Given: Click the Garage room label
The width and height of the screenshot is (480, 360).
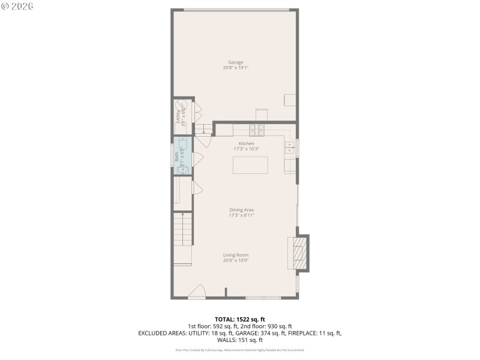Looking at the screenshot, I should [x=235, y=62].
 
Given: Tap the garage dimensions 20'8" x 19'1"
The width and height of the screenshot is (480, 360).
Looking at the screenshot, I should [x=235, y=68].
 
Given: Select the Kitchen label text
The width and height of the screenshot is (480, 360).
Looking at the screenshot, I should [x=246, y=144].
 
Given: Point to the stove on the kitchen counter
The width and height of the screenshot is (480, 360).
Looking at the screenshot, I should [x=257, y=129].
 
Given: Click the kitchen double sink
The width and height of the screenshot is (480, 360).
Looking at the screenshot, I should [x=290, y=148].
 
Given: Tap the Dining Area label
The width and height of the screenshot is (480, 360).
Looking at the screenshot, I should [x=241, y=210].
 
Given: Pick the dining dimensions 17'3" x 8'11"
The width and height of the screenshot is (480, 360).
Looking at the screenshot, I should [x=241, y=215].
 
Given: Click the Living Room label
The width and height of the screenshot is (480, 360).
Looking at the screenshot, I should [x=236, y=255].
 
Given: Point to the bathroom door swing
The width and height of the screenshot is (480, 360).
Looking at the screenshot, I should [x=197, y=160].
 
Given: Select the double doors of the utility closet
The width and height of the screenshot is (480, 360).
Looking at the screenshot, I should [x=197, y=114].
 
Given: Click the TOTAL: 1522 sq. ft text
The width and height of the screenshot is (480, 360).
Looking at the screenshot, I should [x=240, y=319].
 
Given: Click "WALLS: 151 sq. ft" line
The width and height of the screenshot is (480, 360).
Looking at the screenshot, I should [x=240, y=340].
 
